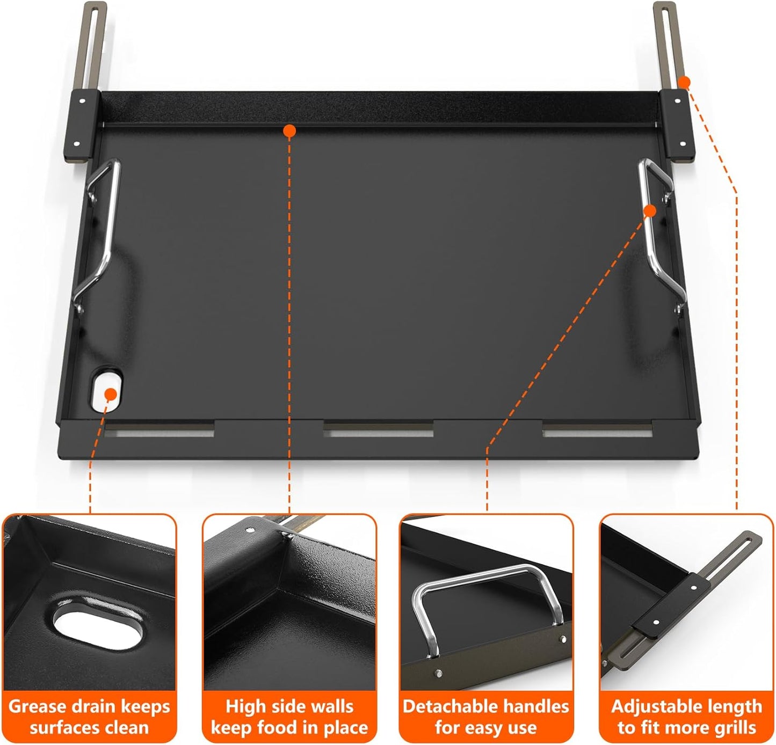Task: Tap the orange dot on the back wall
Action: (289, 130)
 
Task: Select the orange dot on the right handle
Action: (650, 210)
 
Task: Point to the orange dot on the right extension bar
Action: (684, 82)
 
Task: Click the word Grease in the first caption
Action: (39, 707)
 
